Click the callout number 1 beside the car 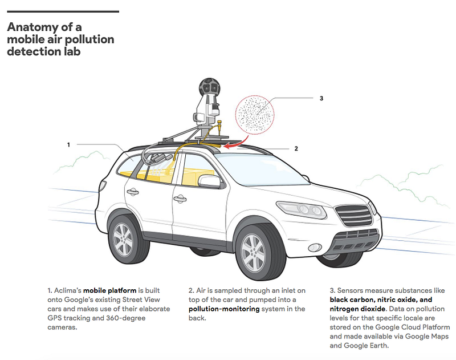(x=68, y=145)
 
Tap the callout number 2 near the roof (x=296, y=148)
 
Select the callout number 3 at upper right (x=321, y=98)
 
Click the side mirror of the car (x=209, y=181)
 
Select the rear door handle (x=132, y=192)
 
